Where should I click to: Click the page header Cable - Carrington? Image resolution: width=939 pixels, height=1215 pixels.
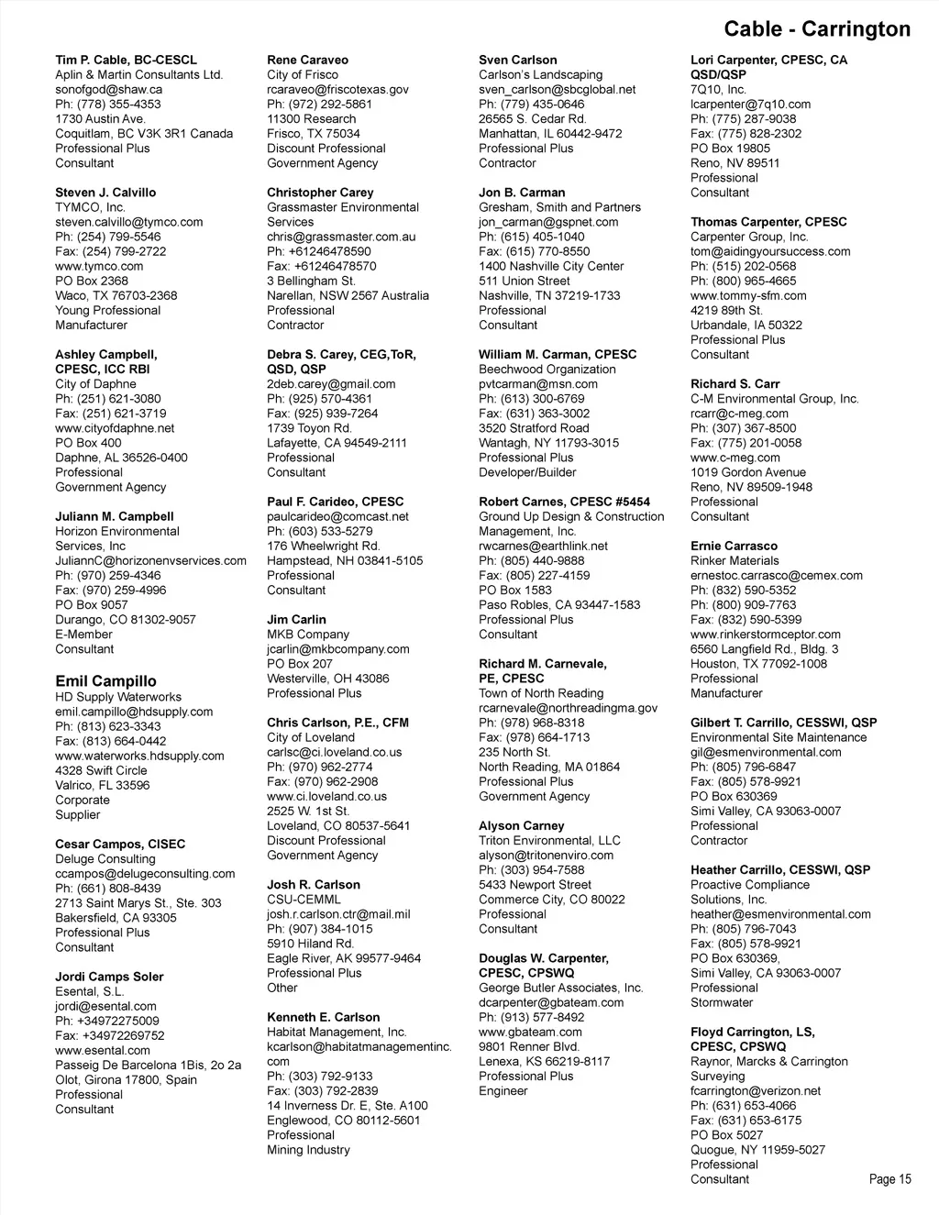pos(817,29)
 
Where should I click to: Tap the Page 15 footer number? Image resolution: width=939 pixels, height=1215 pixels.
pos(889,1179)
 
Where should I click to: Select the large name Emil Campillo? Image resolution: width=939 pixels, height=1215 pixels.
pos(105,681)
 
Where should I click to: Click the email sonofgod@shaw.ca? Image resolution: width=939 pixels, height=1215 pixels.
pos(109,90)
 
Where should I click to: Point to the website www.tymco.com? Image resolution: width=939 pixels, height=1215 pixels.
pos(99,266)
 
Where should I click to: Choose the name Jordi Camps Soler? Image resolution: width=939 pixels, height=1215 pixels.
pos(109,977)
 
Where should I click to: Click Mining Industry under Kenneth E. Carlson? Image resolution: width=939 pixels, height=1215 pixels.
pos(308,1150)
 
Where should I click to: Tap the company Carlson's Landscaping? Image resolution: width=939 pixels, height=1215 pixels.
pos(540,75)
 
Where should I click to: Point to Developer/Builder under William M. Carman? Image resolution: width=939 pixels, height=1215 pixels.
pos(527,472)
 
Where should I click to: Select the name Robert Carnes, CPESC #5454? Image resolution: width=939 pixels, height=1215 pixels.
pos(564,502)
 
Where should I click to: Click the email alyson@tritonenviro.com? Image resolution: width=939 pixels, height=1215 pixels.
pos(546,856)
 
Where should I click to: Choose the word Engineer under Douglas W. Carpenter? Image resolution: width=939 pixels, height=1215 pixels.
pos(503,1091)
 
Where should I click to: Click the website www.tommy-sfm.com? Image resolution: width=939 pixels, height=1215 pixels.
pos(748,295)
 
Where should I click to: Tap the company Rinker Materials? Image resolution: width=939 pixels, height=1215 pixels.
pos(735,561)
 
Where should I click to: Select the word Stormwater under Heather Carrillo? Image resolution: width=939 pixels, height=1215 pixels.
pos(722,1003)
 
